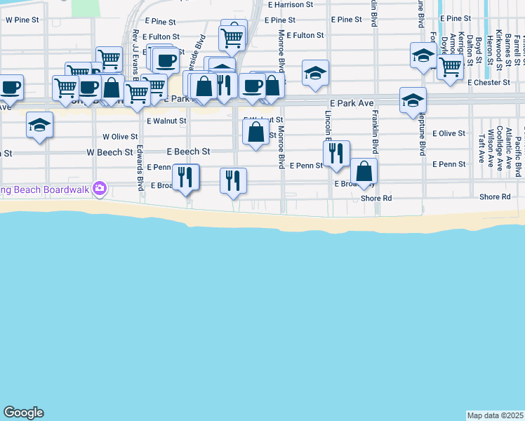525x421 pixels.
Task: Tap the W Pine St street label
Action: [20, 20]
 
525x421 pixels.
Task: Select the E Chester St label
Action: [489, 82]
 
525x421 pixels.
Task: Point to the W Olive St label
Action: [119, 137]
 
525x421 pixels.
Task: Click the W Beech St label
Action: [109, 152]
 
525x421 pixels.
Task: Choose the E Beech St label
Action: [188, 152]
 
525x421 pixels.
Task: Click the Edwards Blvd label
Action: [140, 168]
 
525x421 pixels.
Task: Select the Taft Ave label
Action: [481, 148]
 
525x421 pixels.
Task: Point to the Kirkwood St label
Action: [498, 49]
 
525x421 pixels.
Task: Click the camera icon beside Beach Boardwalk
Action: [100, 187]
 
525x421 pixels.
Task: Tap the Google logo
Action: [23, 413]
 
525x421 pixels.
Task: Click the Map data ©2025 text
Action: [496, 415]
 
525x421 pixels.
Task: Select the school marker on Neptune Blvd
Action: [413, 100]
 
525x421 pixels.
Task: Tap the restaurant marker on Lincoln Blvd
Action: [336, 153]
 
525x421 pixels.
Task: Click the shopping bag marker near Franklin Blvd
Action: [364, 171]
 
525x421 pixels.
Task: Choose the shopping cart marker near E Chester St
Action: [450, 67]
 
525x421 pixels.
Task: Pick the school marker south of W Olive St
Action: [39, 125]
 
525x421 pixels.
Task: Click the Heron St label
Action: [489, 49]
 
